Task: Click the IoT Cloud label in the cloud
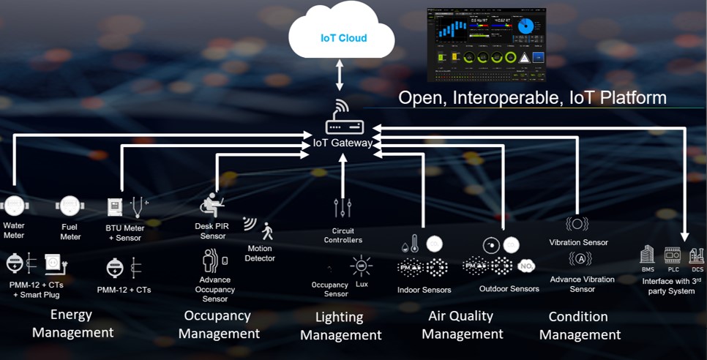click(343, 38)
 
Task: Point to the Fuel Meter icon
click(70, 206)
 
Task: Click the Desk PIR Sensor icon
click(213, 205)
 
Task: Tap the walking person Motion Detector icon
click(267, 231)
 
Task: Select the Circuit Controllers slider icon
click(343, 209)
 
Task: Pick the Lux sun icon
click(361, 266)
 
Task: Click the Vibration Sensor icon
click(577, 224)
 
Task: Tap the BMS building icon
click(647, 255)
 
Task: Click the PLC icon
click(672, 255)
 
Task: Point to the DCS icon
click(696, 255)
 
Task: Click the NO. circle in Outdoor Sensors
click(525, 266)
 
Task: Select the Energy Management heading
click(72, 323)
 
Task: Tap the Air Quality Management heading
click(462, 325)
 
